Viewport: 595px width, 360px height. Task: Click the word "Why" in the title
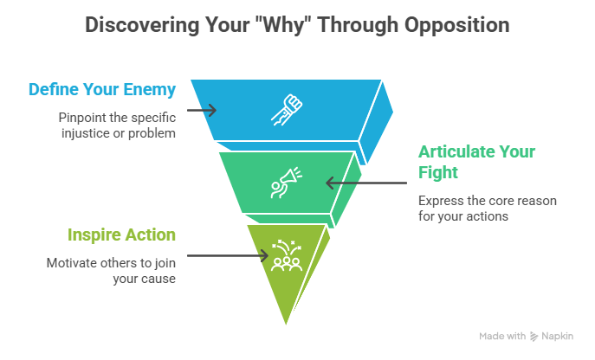(275, 25)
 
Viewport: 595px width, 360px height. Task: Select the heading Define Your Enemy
(102, 89)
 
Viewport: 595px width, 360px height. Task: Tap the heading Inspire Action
(121, 235)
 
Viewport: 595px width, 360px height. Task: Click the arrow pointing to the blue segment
(201, 112)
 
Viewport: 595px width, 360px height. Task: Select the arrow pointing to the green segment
(365, 183)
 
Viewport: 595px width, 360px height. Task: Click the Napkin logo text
(569, 335)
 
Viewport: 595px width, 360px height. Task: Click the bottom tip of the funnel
(285, 326)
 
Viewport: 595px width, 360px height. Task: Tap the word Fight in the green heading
(438, 172)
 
